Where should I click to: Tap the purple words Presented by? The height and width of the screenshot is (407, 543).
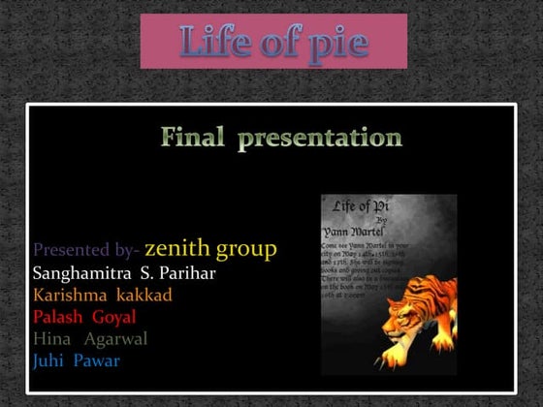click(x=86, y=251)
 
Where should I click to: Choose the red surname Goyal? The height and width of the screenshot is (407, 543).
click(x=114, y=317)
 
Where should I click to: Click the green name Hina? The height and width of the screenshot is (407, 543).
click(x=51, y=339)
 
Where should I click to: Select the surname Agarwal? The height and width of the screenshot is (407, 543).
click(x=115, y=339)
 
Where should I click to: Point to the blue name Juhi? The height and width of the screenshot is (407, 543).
click(x=50, y=361)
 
